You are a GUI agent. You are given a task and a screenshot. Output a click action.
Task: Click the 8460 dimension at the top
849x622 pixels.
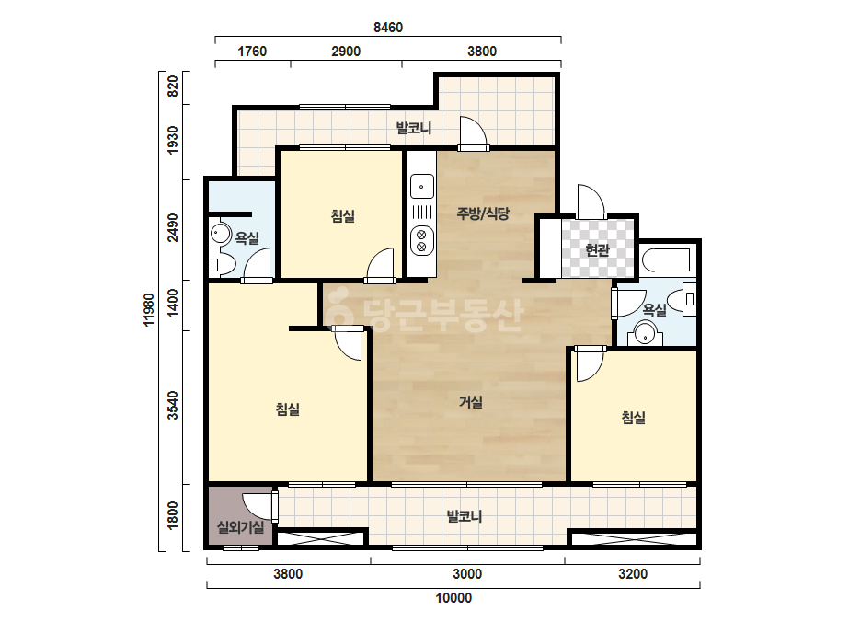[x=387, y=27]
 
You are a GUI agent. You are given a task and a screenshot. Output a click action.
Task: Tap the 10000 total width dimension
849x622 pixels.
[x=453, y=598]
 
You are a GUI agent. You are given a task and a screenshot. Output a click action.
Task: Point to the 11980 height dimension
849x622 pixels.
[x=149, y=309]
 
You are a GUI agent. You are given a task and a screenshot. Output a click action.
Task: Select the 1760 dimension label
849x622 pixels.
[x=252, y=52]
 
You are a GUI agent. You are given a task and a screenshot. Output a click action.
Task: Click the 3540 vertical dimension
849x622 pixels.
[x=173, y=405]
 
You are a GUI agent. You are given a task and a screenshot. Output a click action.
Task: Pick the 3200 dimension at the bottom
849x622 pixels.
[x=633, y=574]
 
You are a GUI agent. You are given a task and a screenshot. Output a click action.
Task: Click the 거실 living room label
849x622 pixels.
[x=471, y=402]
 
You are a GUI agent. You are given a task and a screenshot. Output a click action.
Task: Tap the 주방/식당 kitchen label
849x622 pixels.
[x=482, y=213]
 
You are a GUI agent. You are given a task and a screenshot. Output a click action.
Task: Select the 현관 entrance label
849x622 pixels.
[x=597, y=250]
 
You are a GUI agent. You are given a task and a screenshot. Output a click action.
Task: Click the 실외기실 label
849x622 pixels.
[x=240, y=526]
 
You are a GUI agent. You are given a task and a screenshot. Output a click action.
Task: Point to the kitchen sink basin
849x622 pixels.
[x=422, y=186]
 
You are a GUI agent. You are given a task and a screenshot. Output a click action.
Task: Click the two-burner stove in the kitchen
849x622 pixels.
[x=422, y=240]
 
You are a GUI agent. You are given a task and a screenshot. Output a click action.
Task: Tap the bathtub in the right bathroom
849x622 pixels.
[x=666, y=260]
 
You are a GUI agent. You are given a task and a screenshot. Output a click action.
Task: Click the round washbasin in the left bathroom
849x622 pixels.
[x=219, y=234]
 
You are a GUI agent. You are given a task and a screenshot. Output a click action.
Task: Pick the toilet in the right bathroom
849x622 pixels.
[x=682, y=298]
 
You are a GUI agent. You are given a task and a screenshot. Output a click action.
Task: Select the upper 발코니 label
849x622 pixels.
[x=414, y=129]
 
